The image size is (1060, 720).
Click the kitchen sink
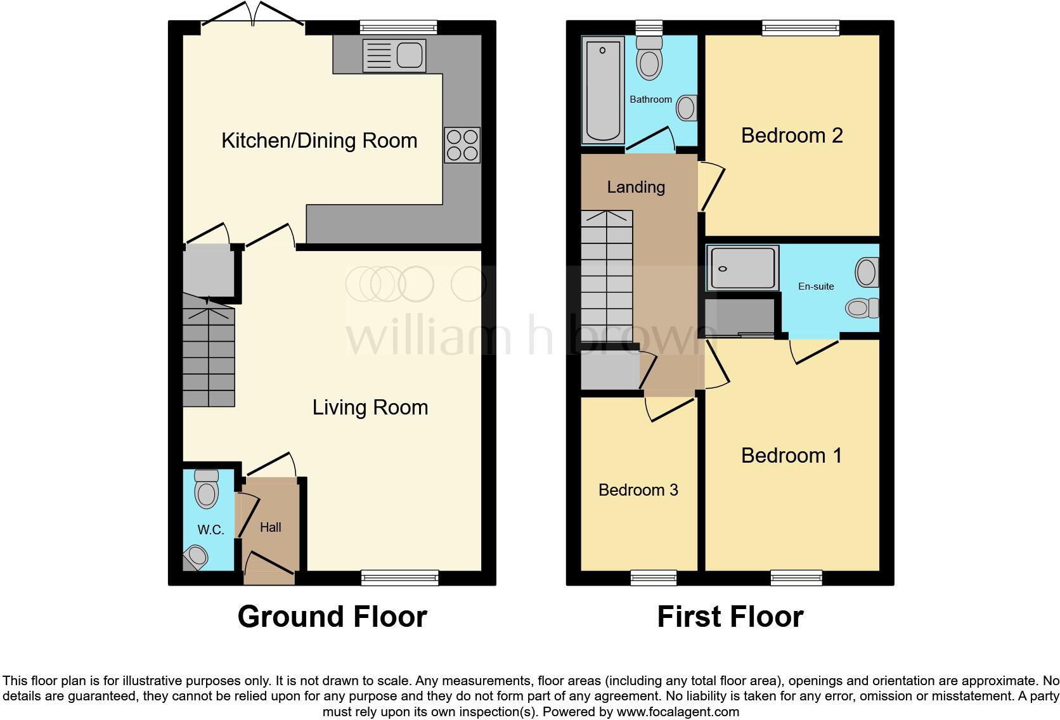point(393,55)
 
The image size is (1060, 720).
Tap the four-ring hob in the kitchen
point(462,145)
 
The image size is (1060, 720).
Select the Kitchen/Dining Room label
point(319,141)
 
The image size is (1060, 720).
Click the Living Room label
point(370,408)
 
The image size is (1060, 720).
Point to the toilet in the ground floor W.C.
point(206,489)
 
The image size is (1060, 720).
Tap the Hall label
point(270,527)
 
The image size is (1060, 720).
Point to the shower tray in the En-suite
point(742,268)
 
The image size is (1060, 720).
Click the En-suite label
point(816,286)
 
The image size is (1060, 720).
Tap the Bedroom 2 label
point(792,136)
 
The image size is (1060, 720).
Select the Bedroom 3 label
point(638,490)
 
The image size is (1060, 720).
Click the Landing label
point(636,187)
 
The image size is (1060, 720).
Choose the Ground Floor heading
point(332,617)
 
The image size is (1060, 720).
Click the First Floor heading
point(730,617)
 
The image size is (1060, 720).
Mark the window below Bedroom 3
point(654,577)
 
